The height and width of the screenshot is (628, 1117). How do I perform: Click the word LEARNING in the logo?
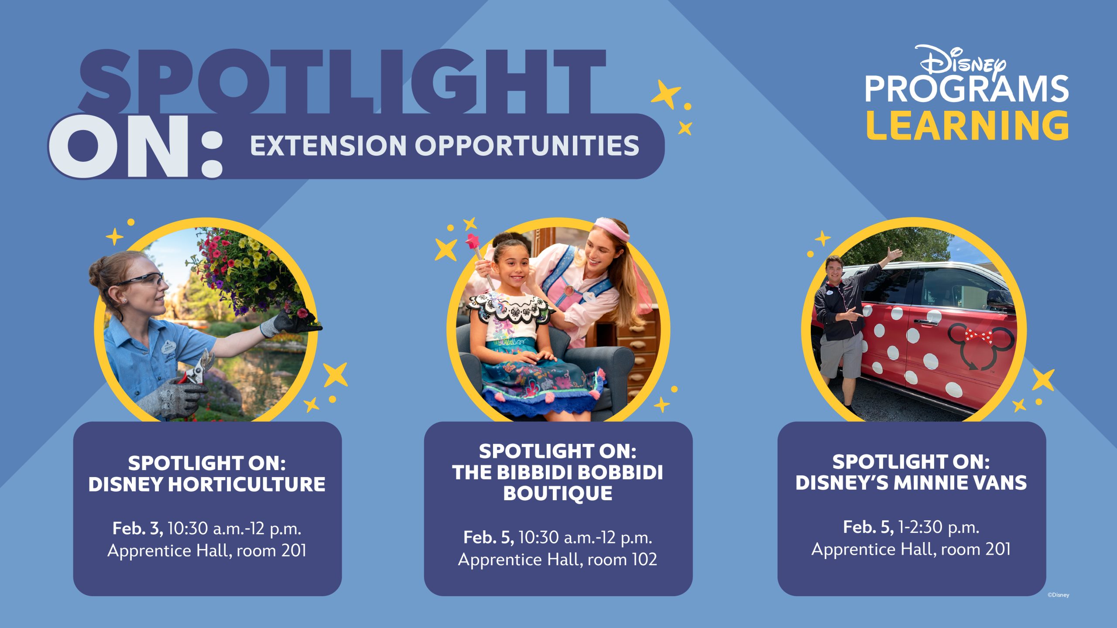(x=967, y=125)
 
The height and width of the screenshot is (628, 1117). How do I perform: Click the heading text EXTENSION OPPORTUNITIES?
(x=445, y=146)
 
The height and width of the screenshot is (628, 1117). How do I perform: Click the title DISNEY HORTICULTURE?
(x=207, y=484)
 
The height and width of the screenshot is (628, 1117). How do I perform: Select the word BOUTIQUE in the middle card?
(x=558, y=493)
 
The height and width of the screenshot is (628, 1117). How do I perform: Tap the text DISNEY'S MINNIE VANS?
(x=911, y=483)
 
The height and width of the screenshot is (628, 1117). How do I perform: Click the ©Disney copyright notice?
(x=1059, y=595)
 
